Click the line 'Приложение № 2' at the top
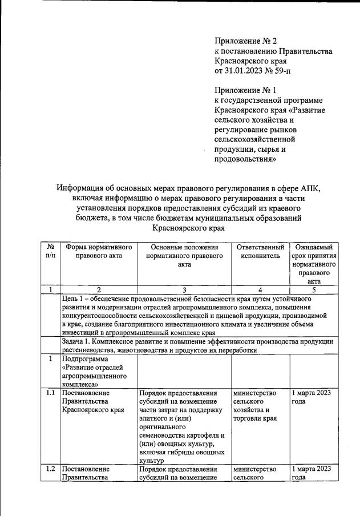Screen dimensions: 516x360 245,41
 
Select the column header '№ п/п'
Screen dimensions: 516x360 51,252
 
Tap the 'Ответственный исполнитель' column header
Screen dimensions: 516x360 261,252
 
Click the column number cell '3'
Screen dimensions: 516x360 184,289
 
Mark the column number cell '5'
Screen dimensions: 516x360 314,289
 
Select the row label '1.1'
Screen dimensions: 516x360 51,393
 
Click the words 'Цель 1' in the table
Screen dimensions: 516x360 75,299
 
